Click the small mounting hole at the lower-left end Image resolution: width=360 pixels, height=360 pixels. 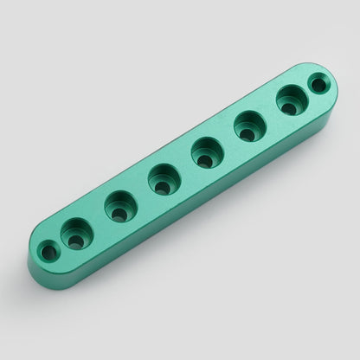49,253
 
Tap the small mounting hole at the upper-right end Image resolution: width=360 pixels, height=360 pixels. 318,85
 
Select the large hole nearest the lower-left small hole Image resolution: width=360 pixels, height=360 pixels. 76,234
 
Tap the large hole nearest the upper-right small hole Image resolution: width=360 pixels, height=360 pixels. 292,100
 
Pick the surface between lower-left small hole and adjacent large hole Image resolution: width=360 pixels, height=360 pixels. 61,244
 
